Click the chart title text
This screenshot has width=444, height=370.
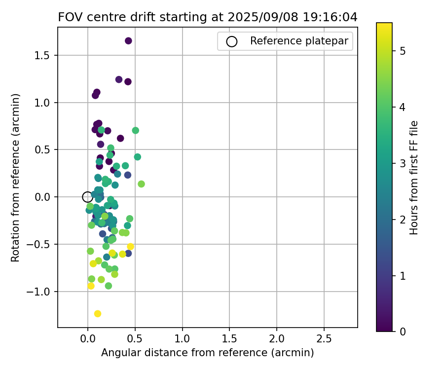[208, 17]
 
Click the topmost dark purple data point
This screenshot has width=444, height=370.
[128, 41]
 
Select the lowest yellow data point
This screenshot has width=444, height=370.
[98, 314]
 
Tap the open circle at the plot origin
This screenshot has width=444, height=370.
[87, 197]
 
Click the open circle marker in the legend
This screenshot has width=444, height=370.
[231, 41]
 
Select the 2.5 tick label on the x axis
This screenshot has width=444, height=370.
[324, 340]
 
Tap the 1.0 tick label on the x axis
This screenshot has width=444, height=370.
[182, 340]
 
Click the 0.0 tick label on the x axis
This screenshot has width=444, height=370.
[87, 340]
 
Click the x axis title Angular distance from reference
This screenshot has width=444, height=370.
[208, 353]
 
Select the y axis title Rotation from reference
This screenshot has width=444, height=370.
[16, 177]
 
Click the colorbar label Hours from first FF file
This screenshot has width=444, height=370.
[414, 177]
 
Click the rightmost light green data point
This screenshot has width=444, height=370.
[141, 184]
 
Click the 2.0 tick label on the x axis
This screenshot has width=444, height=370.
[277, 340]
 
